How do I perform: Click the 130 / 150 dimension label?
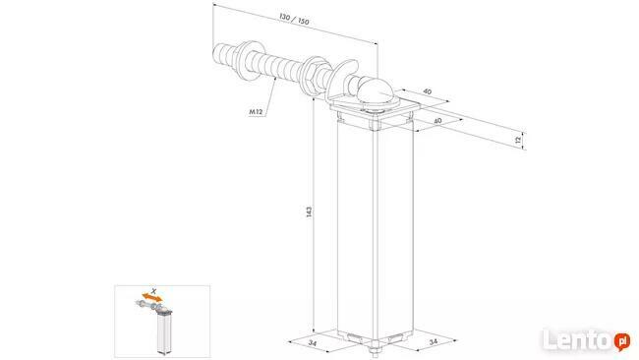[x=294, y=19]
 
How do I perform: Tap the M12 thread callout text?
[x=256, y=111]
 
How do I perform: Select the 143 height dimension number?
[x=310, y=211]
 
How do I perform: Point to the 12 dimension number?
[x=518, y=140]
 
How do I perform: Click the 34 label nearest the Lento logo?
[x=433, y=341]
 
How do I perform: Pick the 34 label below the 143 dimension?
[x=313, y=343]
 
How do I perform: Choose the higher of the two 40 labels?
[x=427, y=91]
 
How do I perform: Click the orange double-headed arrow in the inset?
[x=152, y=297]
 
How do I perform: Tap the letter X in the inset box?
[x=153, y=291]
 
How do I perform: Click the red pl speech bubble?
[x=622, y=341]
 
